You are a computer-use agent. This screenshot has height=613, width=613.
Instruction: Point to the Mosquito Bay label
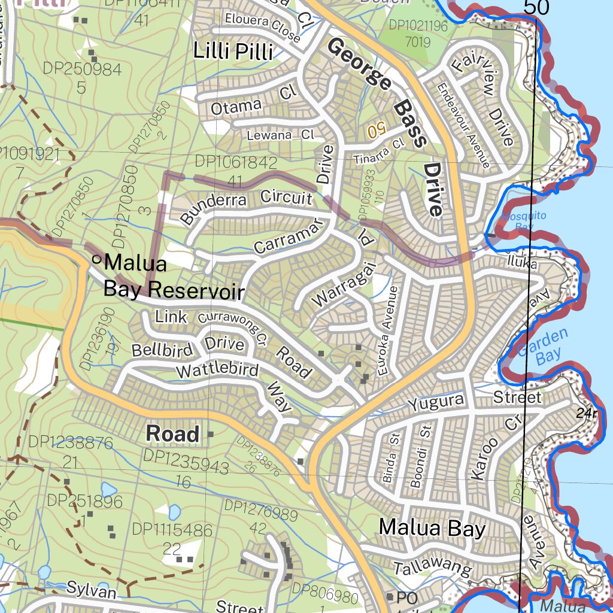(x=516, y=221)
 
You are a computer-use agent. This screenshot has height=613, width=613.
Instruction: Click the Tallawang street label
(x=432, y=568)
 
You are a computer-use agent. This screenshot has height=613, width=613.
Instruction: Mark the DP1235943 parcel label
(x=186, y=466)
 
